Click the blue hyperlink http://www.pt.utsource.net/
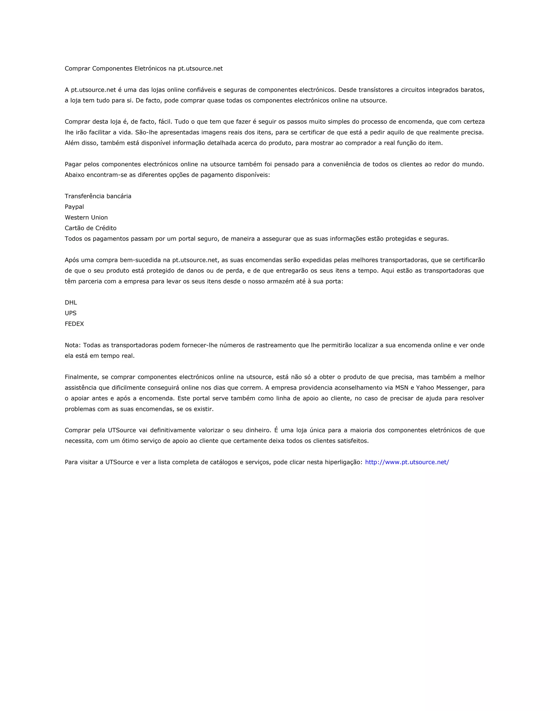pos(407,462)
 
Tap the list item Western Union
pos(86,218)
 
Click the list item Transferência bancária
pos(98,196)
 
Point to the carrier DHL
pos(71,302)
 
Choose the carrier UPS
pos(70,313)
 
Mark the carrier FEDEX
pos(74,324)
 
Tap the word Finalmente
pos(81,377)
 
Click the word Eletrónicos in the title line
pos(150,68)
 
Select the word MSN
pos(401,388)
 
